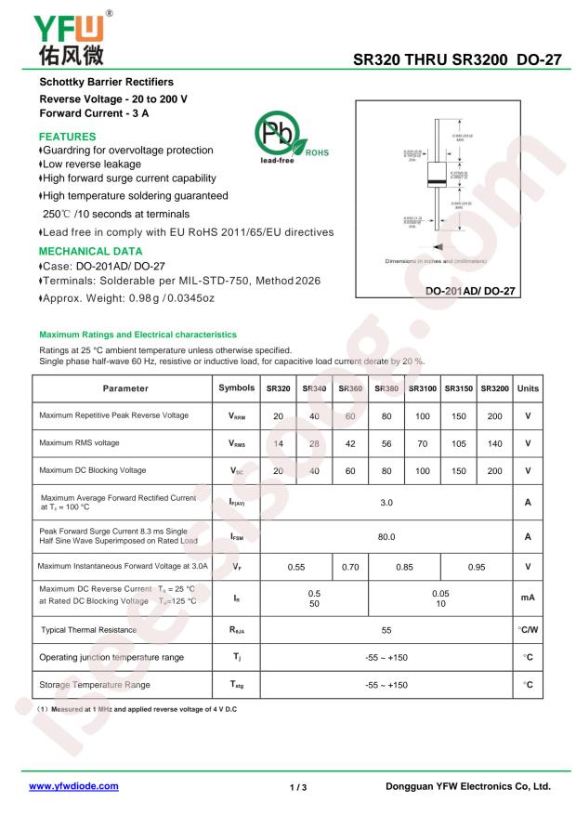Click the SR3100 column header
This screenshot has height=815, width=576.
pyautogui.click(x=422, y=388)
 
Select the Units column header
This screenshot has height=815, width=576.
pyautogui.click(x=528, y=388)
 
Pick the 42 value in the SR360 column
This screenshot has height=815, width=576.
pyautogui.click(x=350, y=443)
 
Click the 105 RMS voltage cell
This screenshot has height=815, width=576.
pyautogui.click(x=458, y=443)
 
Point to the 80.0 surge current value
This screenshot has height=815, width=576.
pyautogui.click(x=386, y=536)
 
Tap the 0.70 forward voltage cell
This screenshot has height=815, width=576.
pyautogui.click(x=350, y=566)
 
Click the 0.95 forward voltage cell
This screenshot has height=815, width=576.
pyautogui.click(x=477, y=566)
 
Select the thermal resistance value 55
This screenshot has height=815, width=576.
pyautogui.click(x=386, y=630)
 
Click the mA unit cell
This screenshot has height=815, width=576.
pyautogui.click(x=528, y=598)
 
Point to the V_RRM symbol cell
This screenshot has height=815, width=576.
pyautogui.click(x=238, y=416)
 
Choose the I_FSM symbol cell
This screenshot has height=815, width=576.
pyautogui.click(x=238, y=536)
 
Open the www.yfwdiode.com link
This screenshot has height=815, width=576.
pyautogui.click(x=74, y=786)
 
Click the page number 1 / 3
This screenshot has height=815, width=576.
pyautogui.click(x=298, y=787)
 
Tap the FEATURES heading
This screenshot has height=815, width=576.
pyautogui.click(x=68, y=136)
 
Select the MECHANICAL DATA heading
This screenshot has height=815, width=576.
pyautogui.click(x=90, y=251)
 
